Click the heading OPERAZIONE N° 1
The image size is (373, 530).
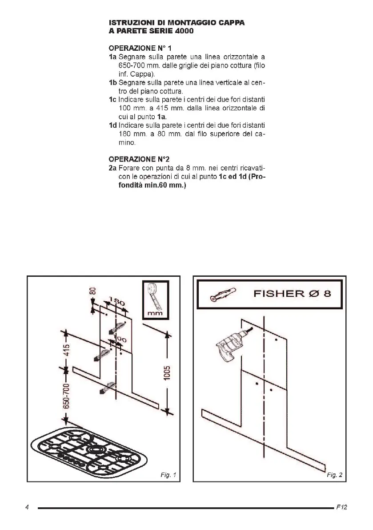[136, 48]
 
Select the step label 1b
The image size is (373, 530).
[113, 83]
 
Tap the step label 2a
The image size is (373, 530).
[113, 168]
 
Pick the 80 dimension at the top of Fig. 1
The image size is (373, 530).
[93, 291]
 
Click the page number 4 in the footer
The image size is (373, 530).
[27, 507]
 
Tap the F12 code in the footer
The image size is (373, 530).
[341, 507]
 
